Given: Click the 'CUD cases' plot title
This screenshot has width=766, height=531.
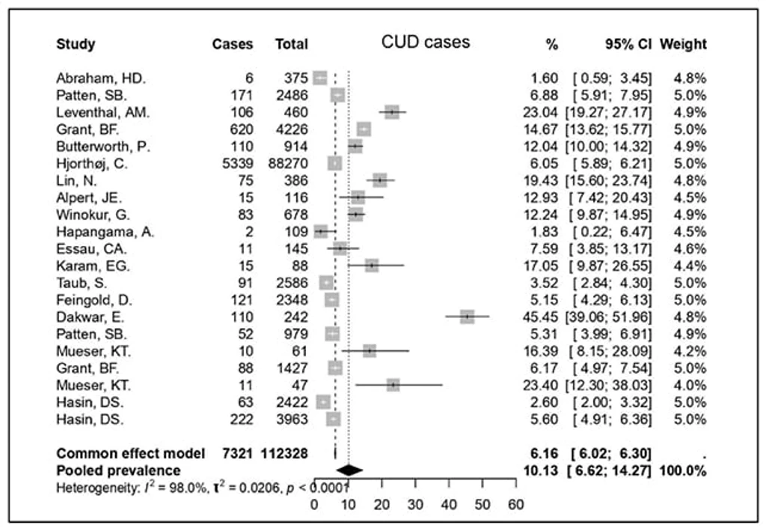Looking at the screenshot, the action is pyautogui.click(x=426, y=42).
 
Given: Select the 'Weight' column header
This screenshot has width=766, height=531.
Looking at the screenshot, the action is pyautogui.click(x=683, y=44).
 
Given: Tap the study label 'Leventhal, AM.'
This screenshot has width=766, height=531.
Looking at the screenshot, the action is pyautogui.click(x=102, y=112).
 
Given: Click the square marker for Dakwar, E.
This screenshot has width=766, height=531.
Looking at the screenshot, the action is pyautogui.click(x=468, y=316).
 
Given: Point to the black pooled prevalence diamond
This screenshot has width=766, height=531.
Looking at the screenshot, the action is pyautogui.click(x=349, y=470).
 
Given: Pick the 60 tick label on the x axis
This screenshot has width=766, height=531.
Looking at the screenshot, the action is pyautogui.click(x=516, y=505).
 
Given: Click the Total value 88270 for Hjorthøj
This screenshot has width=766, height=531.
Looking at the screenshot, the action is pyautogui.click(x=288, y=163).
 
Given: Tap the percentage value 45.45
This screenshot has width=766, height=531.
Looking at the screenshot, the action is pyautogui.click(x=540, y=317).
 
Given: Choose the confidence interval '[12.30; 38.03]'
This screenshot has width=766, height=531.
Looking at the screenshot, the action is pyautogui.click(x=608, y=385).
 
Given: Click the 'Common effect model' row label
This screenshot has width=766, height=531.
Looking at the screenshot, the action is pyautogui.click(x=130, y=453).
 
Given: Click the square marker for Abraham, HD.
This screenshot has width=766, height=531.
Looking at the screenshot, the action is pyautogui.click(x=320, y=79).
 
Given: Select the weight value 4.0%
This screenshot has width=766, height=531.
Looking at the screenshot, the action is pyautogui.click(x=690, y=385).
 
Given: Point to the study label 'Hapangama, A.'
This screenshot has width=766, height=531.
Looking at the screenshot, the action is pyautogui.click(x=105, y=232).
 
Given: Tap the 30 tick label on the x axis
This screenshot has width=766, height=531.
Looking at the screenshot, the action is pyautogui.click(x=415, y=505).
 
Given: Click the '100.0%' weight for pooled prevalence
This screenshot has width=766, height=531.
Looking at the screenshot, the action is pyautogui.click(x=683, y=471).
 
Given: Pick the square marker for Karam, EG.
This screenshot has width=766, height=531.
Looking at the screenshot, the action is pyautogui.click(x=372, y=265).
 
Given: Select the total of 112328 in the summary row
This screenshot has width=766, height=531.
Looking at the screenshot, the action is pyautogui.click(x=284, y=453).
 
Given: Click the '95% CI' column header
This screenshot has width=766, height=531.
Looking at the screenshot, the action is pyautogui.click(x=628, y=44).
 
